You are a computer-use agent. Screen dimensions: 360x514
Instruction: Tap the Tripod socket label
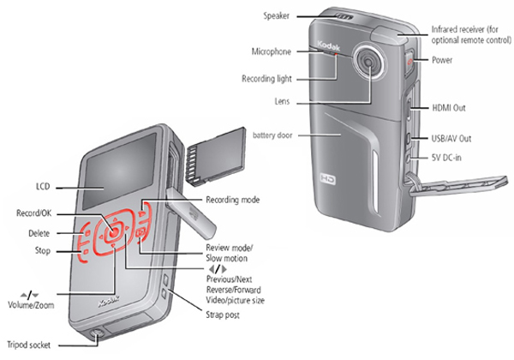(x=29, y=345)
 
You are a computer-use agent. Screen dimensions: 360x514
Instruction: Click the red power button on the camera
(x=409, y=61)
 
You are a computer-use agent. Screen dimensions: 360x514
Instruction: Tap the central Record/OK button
(x=112, y=231)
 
